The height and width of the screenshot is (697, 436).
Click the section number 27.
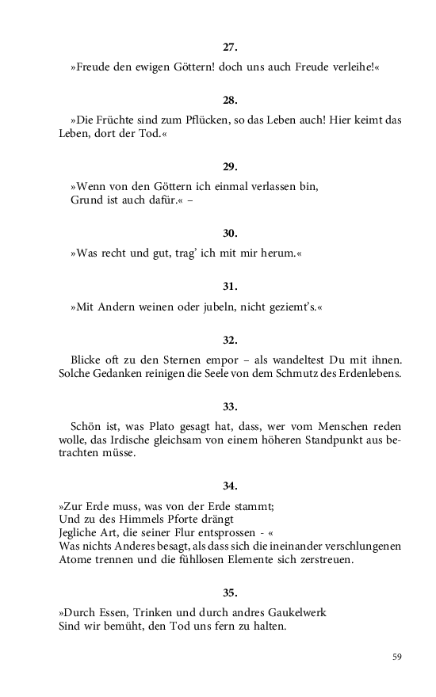pyautogui.click(x=230, y=48)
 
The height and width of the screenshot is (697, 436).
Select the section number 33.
pyautogui.click(x=230, y=406)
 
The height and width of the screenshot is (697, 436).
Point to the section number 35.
pyautogui.click(x=230, y=592)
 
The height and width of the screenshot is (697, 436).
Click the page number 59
pyautogui.click(x=397, y=657)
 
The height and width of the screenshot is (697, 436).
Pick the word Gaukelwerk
pyautogui.click(x=290, y=613)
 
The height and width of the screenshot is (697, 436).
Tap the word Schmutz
pyautogui.click(x=285, y=374)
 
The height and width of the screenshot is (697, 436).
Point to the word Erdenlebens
pyautogui.click(x=365, y=374)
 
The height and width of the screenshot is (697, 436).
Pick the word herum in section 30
pyautogui.click(x=272, y=253)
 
